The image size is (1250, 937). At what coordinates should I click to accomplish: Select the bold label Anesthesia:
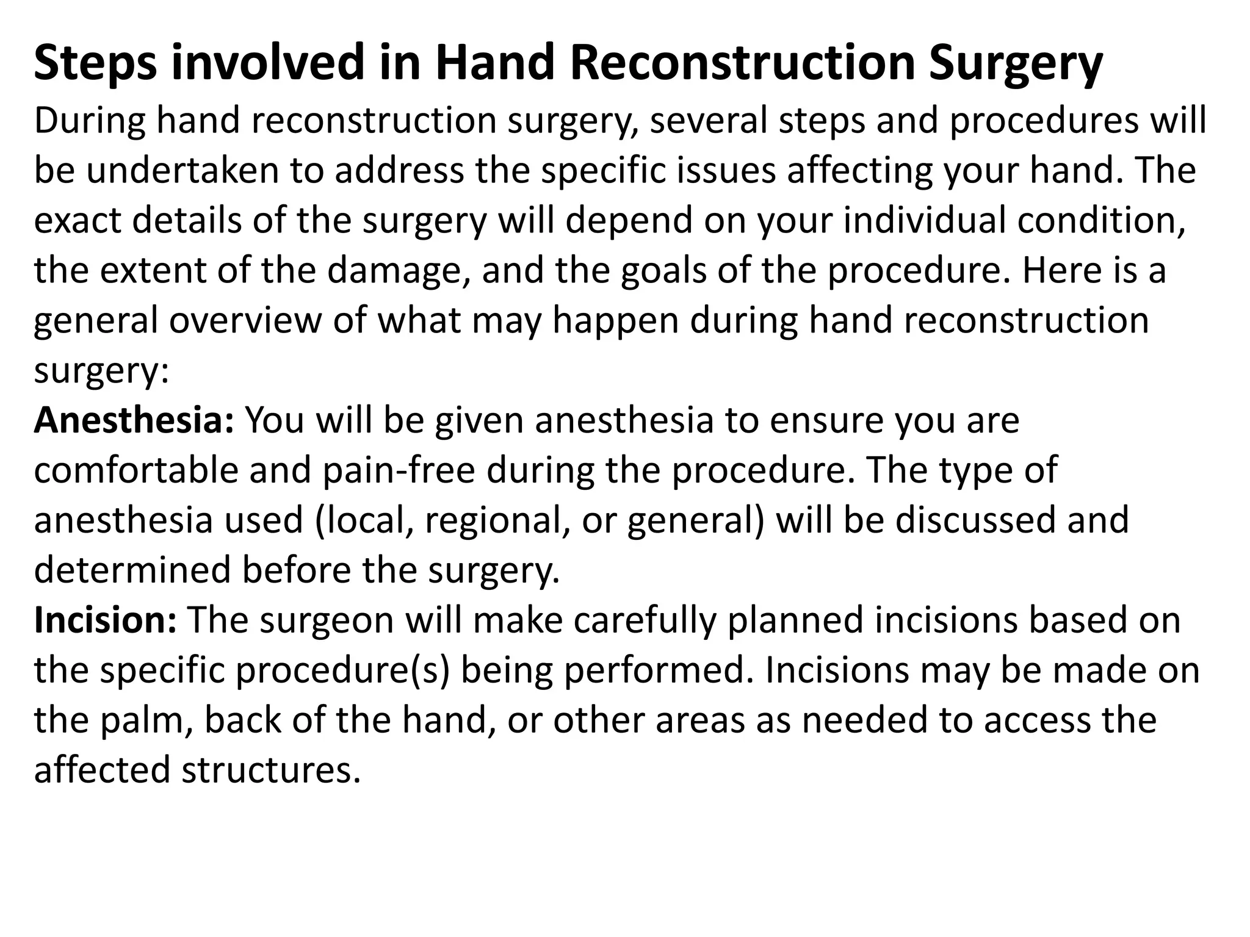[x=134, y=420]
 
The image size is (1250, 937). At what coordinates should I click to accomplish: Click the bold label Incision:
[x=105, y=620]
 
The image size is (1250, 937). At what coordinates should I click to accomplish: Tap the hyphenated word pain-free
[x=398, y=470]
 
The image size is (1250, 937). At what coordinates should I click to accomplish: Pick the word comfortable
[x=135, y=470]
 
